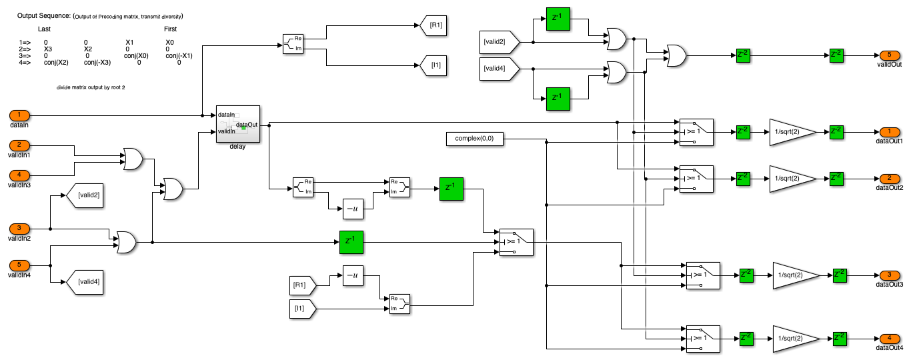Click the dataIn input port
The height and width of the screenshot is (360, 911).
tap(19, 115)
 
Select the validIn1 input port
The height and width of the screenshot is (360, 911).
tap(19, 145)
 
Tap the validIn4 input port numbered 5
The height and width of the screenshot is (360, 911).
tap(19, 265)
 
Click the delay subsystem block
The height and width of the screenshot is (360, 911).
tap(238, 123)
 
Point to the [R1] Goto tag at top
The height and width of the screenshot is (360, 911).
tap(431, 27)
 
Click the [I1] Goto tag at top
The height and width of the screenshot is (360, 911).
tap(431, 65)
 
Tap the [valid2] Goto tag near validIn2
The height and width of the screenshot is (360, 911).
tap(84, 195)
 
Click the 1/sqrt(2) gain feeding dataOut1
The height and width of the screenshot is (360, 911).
tap(792, 131)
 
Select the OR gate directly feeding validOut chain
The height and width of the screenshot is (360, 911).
tap(676, 55)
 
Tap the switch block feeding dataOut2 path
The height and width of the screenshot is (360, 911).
tap(696, 178)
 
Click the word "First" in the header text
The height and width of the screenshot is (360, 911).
tap(171, 29)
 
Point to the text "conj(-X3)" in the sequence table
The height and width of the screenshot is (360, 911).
tap(97, 63)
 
